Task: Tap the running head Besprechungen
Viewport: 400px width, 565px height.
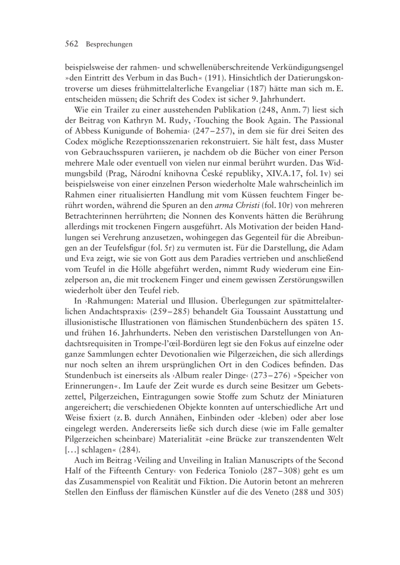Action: pyautogui.click(x=109, y=45)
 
